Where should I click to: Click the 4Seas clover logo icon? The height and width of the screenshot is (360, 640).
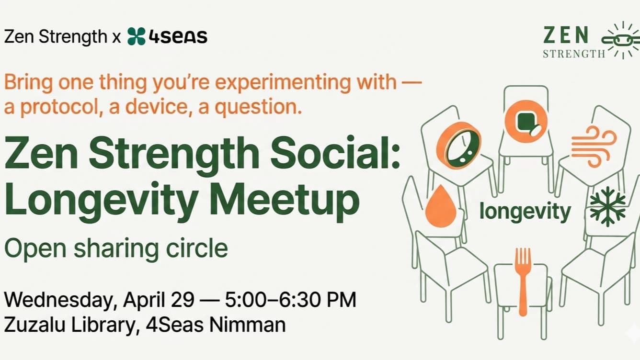click(x=137, y=36)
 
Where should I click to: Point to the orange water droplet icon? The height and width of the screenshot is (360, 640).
click(x=441, y=206)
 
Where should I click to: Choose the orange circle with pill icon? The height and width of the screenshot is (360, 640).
click(x=526, y=121)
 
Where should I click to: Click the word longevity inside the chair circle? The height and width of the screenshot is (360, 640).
click(x=525, y=211)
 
